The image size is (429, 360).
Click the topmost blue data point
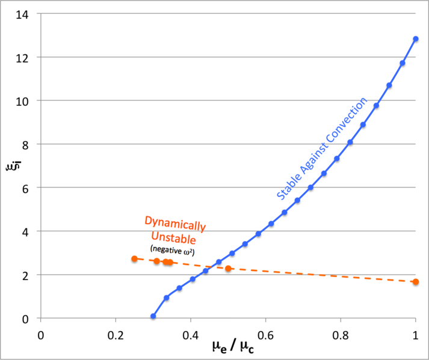(416, 39)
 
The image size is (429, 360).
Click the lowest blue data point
(153, 316)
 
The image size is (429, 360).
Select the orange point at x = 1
(416, 282)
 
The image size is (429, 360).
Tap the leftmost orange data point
(134, 259)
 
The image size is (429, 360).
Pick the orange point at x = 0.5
(228, 268)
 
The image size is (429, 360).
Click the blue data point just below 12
(403, 63)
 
